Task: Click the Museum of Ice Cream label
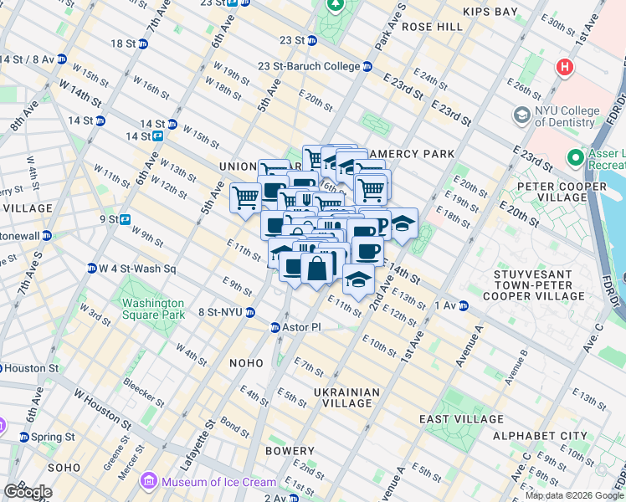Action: pos(218,481)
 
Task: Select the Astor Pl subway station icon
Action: pos(275,327)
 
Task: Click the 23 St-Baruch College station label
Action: pos(309,66)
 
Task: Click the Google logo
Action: pos(28,492)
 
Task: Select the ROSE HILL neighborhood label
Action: pos(432,27)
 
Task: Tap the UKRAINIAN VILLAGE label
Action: pos(346,397)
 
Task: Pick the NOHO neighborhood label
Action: pos(247,363)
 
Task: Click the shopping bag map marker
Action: pos(317,269)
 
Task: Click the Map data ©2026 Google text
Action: pos(574,495)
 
